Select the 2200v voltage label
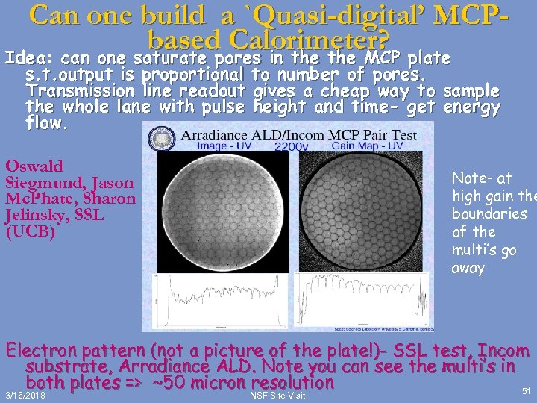click(292, 146)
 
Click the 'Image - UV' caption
click(224, 146)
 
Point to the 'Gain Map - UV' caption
click(368, 146)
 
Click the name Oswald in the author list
click(34, 166)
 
